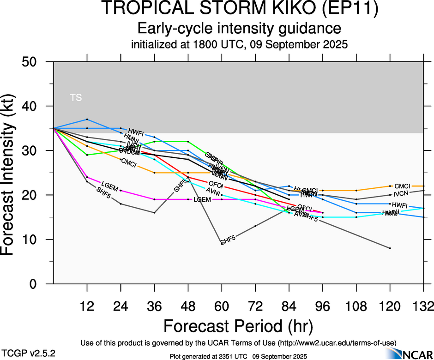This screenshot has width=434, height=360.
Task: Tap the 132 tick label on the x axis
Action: tap(423, 306)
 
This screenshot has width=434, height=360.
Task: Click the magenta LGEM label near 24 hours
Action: tap(109, 186)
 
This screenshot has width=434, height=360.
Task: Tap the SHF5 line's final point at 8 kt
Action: tap(390, 248)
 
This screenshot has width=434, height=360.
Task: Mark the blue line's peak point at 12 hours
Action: tap(87, 120)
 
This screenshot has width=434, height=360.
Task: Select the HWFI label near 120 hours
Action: tap(399, 204)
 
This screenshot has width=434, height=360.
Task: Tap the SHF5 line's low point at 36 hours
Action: tap(154, 213)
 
